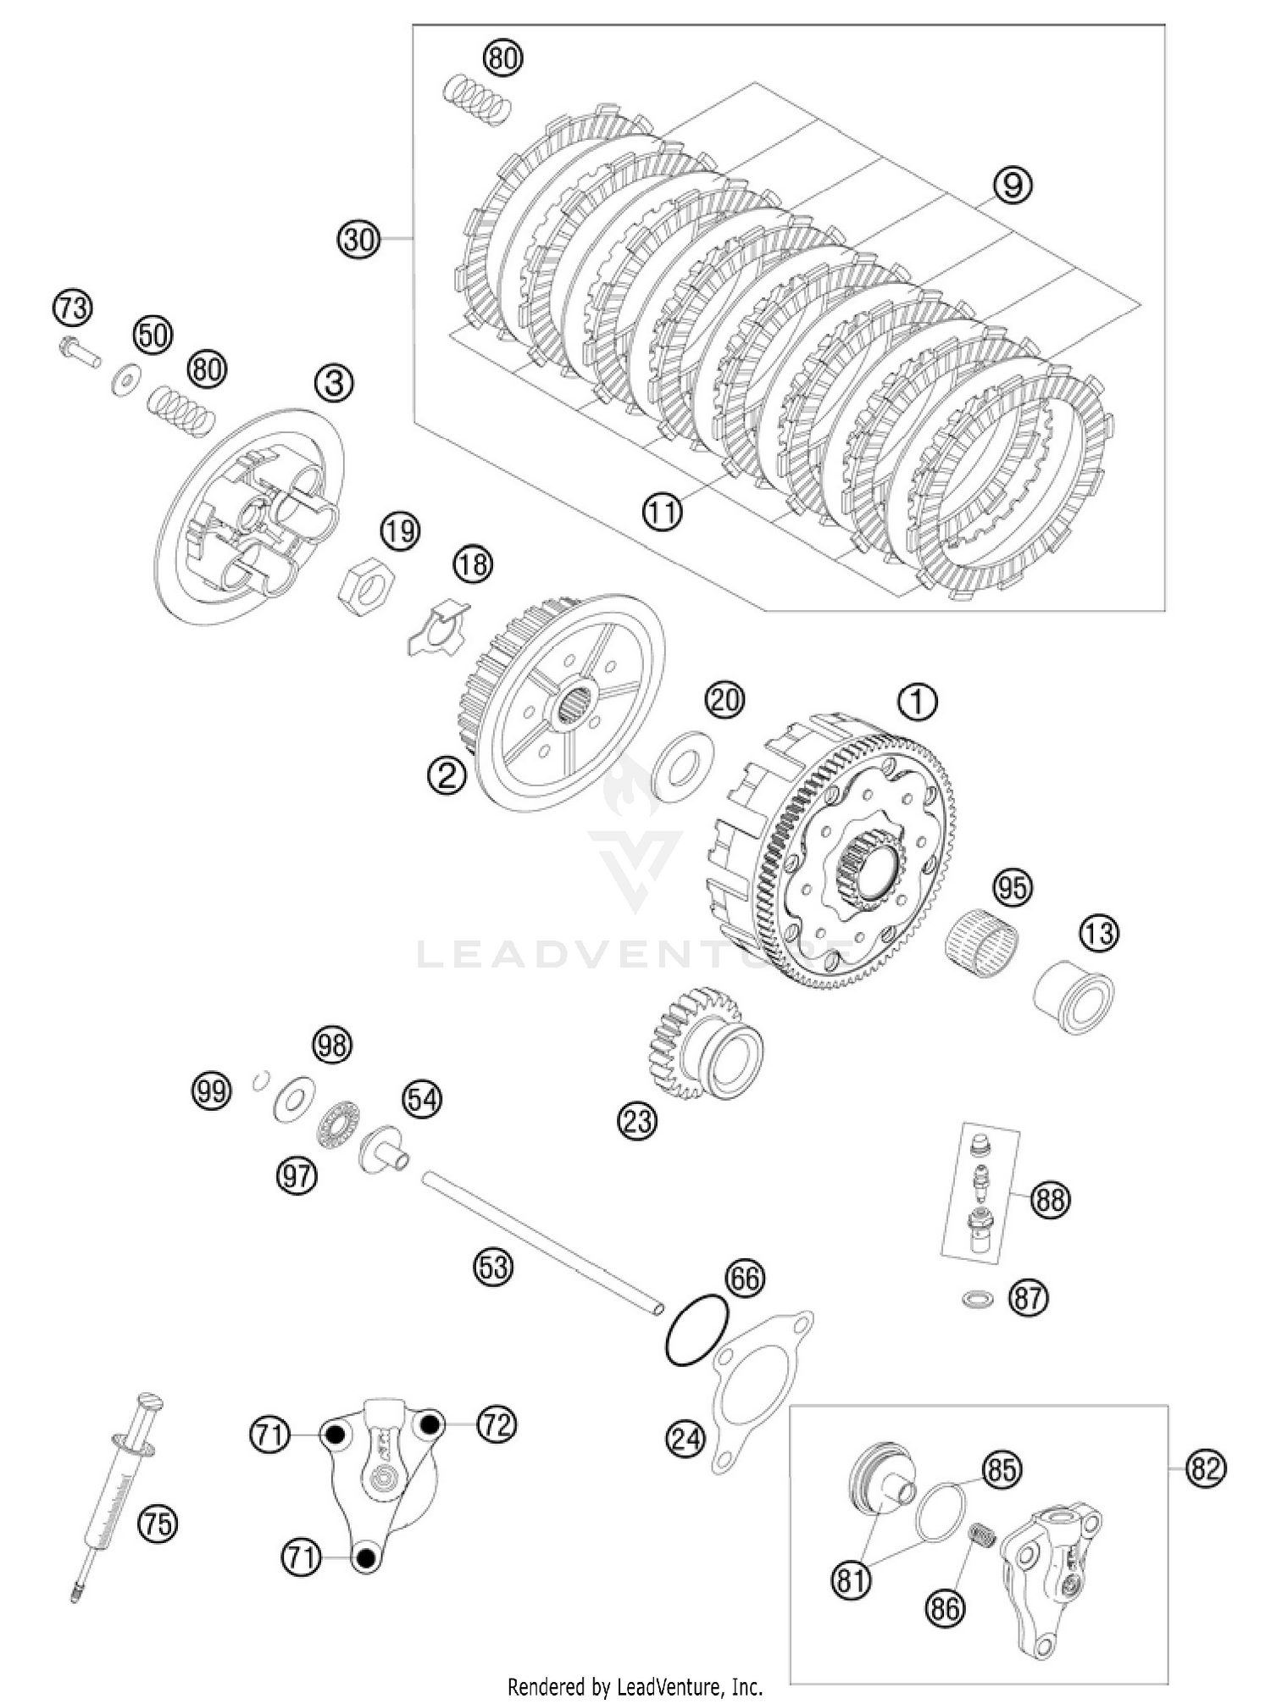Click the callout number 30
pyautogui.click(x=358, y=240)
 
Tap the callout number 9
pyautogui.click(x=1013, y=184)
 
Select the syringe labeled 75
pyautogui.click(x=112, y=1497)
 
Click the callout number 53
pyautogui.click(x=493, y=1267)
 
